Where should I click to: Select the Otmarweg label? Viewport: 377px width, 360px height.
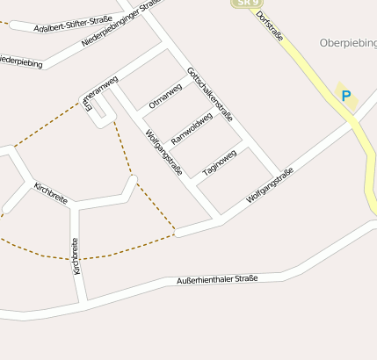(166, 95)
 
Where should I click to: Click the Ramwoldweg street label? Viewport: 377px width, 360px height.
(192, 128)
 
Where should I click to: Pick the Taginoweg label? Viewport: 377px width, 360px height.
(220, 162)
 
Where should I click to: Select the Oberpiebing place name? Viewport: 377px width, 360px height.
(348, 42)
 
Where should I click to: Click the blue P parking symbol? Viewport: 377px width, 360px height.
(345, 97)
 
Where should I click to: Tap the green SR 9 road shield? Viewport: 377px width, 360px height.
(246, 4)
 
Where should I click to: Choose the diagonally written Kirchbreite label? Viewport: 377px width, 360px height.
(50, 193)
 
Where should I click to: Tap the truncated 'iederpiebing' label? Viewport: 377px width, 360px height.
(19, 61)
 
